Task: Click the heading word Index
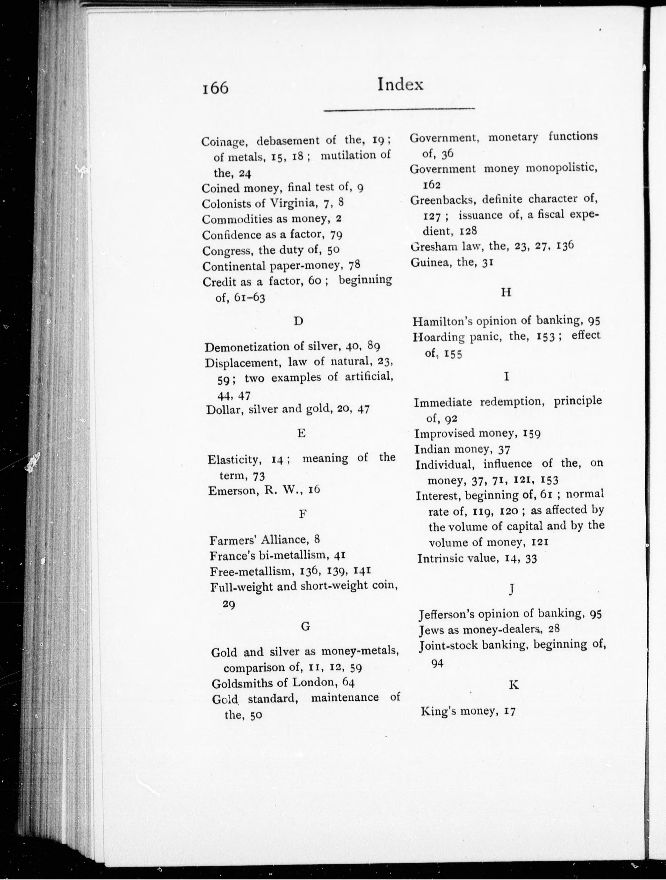(x=400, y=84)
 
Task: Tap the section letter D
(x=298, y=321)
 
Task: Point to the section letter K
(x=514, y=684)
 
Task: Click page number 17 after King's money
(x=509, y=711)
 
